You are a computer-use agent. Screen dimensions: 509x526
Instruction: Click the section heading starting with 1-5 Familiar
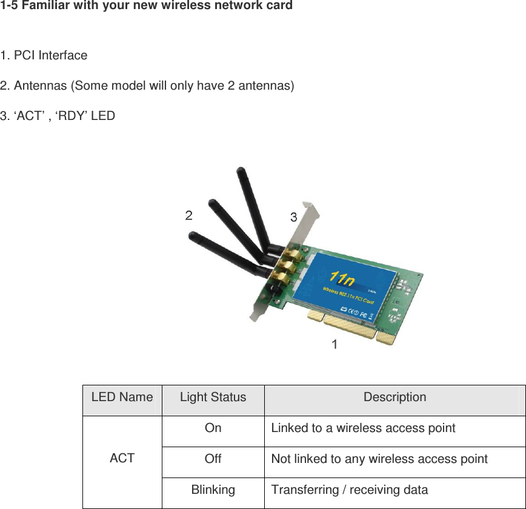coord(146,6)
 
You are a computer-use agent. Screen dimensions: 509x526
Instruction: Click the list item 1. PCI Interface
coord(44,56)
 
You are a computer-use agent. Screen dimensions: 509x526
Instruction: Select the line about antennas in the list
coord(147,85)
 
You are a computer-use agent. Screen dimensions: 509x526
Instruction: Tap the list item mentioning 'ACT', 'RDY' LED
coord(58,115)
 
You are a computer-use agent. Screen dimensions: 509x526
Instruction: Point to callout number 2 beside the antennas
coord(189,215)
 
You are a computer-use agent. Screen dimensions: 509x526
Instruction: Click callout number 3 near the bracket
coord(293,217)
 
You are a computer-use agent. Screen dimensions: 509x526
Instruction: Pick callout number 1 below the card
coord(334,344)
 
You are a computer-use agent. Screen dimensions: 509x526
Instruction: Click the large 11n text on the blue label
coord(342,279)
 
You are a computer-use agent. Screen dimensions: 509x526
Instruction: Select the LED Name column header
coord(122,398)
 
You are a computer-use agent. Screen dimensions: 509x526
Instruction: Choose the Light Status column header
coord(213,398)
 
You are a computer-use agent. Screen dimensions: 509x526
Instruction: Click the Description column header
coord(394,398)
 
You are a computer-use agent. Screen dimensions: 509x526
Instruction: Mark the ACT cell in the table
coord(122,459)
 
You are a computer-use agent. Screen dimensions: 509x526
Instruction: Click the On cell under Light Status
coord(213,428)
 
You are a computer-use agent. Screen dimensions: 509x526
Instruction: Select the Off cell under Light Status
coord(213,459)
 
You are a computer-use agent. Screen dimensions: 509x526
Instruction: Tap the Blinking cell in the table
coord(213,490)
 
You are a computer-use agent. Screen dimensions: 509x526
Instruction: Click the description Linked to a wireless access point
coord(363,428)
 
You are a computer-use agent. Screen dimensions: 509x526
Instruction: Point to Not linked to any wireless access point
coord(379,459)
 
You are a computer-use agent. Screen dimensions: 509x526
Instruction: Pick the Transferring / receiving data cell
coord(349,490)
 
